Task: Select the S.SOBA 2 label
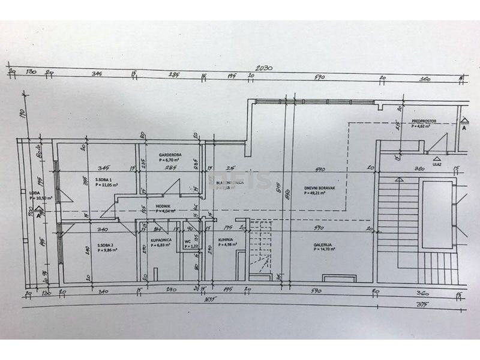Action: (106, 244)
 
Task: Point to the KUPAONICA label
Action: (161, 239)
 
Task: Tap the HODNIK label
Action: (164, 205)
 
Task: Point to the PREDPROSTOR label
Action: (423, 121)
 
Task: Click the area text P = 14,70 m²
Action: (323, 250)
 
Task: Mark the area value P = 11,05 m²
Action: (106, 185)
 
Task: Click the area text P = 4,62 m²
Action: (422, 127)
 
